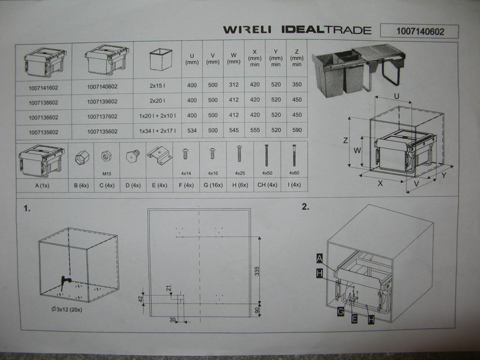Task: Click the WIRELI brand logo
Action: (247, 29)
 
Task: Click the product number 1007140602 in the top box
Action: (420, 32)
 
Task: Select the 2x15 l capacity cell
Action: (157, 86)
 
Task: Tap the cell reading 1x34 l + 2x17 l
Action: (157, 131)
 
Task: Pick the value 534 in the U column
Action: (192, 131)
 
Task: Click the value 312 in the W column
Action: (233, 85)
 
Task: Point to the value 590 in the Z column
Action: (297, 130)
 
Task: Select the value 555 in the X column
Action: (254, 130)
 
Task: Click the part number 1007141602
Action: (43, 88)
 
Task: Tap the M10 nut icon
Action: (106, 157)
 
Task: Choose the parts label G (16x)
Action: (213, 185)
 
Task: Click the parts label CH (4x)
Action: (267, 185)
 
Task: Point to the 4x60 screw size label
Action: (294, 173)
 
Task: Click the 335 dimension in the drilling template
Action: (257, 271)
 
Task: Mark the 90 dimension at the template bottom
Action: (257, 310)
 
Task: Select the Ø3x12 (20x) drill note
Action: (67, 310)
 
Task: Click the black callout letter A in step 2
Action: (319, 259)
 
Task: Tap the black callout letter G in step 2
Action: (340, 312)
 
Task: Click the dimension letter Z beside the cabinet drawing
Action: (346, 140)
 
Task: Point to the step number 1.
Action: (27, 208)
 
